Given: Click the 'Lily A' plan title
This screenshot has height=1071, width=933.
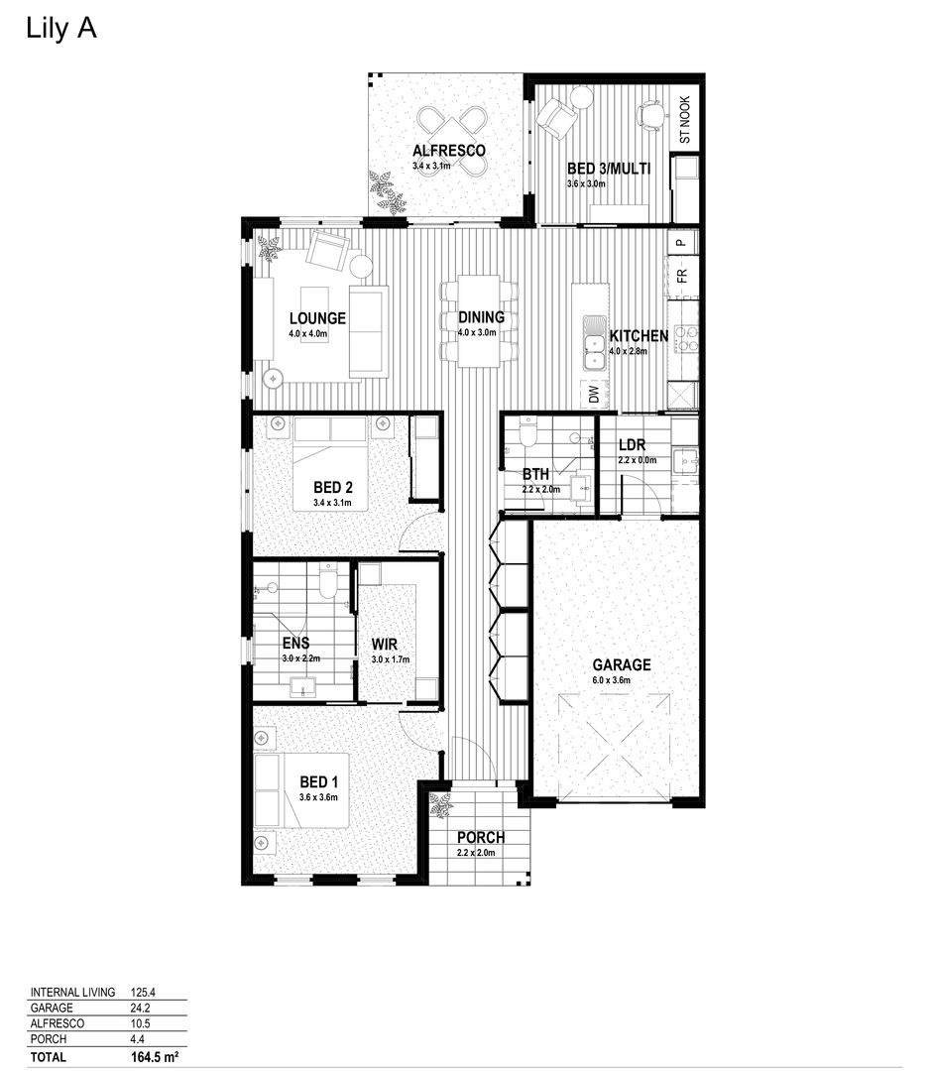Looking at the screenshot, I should (x=60, y=29).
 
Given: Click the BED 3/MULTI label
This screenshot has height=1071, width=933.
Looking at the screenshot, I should (x=608, y=169).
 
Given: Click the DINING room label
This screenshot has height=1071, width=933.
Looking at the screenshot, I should (x=482, y=318).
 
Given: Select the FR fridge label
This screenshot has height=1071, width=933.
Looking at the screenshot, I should (x=682, y=277).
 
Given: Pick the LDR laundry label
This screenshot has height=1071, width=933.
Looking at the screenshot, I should (x=632, y=445).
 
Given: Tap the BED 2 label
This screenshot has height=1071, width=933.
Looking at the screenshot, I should (x=333, y=488).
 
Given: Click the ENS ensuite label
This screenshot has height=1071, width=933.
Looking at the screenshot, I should (x=296, y=644).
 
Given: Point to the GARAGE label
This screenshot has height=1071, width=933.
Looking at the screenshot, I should (x=622, y=665).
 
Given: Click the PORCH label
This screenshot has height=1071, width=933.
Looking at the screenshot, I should (x=481, y=838).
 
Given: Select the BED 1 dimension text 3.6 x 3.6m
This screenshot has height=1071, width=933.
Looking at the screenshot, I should (x=319, y=798).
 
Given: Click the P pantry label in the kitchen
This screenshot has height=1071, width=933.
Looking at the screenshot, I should (x=682, y=242).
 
